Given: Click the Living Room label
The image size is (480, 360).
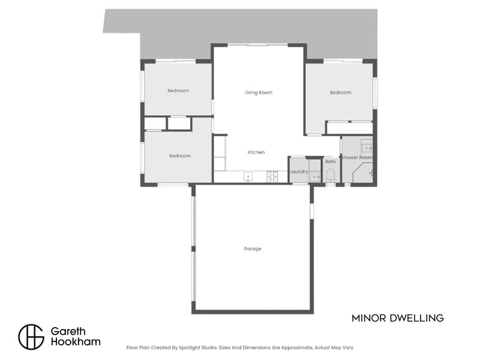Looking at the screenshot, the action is pos(259,92).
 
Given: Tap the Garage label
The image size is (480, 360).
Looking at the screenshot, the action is pos(253,248).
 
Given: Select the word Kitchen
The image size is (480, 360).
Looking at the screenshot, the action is pos(256,152).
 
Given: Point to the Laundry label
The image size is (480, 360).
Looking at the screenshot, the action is pos(299,172).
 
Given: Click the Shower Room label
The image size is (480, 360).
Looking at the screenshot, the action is pos(357,158).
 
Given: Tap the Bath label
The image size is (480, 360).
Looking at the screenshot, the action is pos(331,161).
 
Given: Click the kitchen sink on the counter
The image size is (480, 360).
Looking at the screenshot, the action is pos(248,176).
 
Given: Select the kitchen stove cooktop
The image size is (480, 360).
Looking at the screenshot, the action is pos(272,176).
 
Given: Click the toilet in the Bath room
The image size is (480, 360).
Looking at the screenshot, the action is pos(331,175).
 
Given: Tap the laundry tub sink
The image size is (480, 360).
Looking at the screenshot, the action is pos(314,177).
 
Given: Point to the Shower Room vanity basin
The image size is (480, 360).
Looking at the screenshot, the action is pos(367,148).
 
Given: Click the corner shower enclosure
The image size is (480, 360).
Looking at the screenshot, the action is pos(363,173).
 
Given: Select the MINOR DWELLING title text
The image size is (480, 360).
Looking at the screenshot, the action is pos(398,318).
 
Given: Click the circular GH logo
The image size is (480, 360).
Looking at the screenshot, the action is pos(31,337).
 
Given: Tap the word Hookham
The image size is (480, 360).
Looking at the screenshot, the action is pos(76,341).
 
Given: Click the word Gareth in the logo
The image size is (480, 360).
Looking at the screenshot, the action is pos(68,331).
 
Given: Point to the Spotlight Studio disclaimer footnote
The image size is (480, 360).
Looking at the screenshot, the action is pos(239,347).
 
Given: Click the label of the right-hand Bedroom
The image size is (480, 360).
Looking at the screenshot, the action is pos(340,92).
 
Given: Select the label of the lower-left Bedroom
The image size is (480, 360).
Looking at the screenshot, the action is pos(179,156).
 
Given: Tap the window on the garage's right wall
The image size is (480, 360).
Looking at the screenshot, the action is pos(311,211).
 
